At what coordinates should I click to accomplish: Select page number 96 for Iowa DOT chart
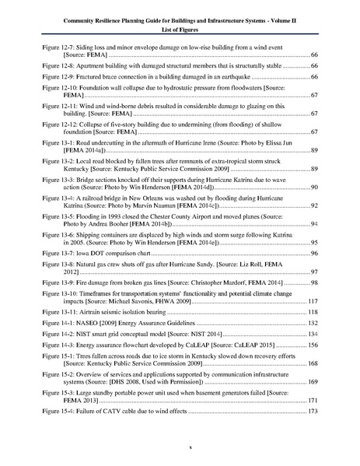(315, 254)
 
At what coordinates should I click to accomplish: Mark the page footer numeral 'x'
(180, 449)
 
